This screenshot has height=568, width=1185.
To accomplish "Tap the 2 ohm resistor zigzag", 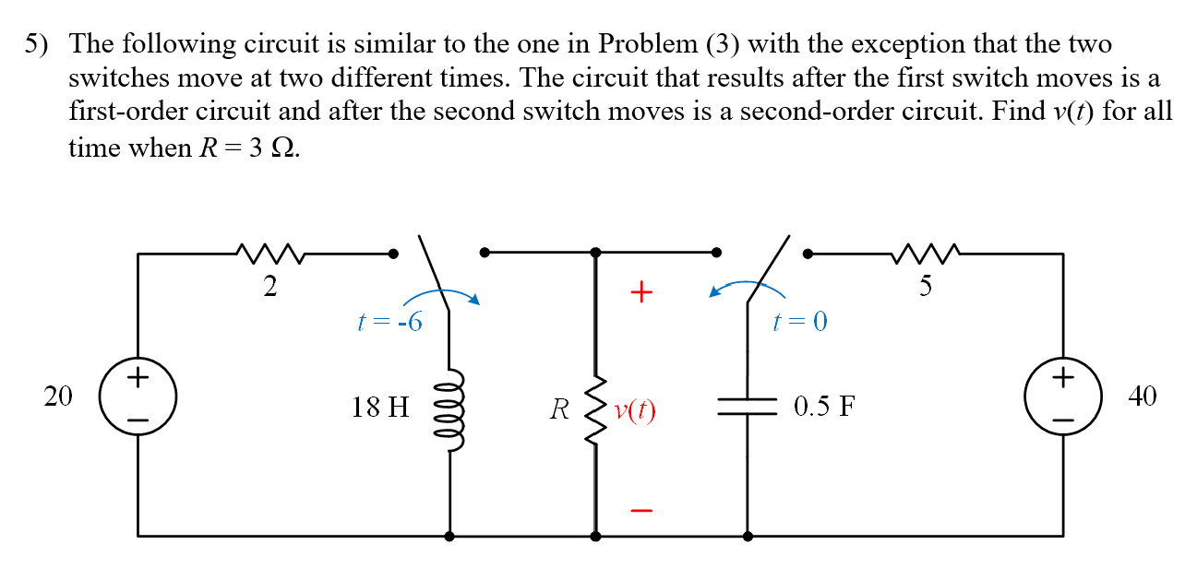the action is [x=269, y=252].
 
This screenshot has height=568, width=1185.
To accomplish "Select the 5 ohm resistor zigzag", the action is [x=925, y=252].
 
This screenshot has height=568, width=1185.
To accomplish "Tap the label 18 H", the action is [x=379, y=407].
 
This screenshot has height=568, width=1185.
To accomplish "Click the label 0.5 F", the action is [x=824, y=407].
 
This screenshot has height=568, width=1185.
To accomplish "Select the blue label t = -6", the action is [x=389, y=322].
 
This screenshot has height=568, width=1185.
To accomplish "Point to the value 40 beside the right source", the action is [x=1142, y=396].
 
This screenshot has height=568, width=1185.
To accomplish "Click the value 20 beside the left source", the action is [x=57, y=396].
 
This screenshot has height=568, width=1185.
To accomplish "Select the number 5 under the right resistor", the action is [x=926, y=287].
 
